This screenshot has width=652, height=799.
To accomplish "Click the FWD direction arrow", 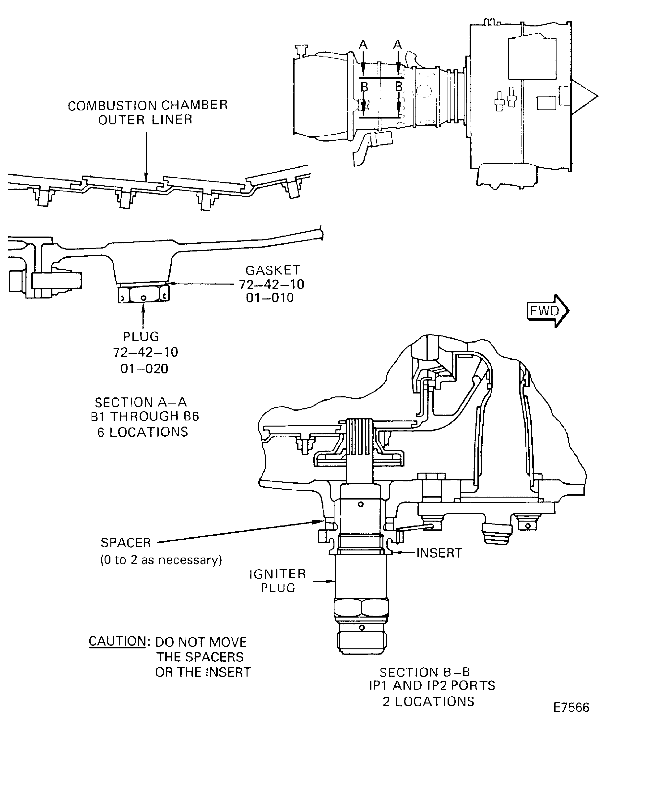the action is tap(548, 311).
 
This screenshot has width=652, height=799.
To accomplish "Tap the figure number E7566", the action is tap(571, 708).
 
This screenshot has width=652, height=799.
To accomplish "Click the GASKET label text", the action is tap(273, 270).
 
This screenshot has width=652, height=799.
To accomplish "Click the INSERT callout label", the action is tap(439, 553).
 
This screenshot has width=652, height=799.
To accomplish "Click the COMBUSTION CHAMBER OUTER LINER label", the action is tap(148, 112).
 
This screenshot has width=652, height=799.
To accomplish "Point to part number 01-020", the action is tap(144, 369).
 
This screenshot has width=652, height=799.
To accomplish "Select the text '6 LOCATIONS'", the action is tap(142, 432).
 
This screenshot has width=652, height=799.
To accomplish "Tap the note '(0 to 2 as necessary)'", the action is tap(161, 560).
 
